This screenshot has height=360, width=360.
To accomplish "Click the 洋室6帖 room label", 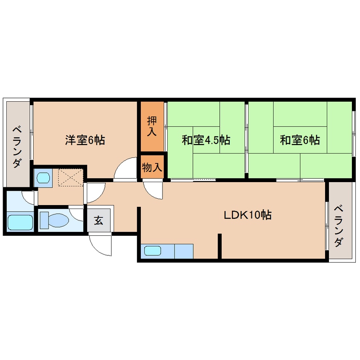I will [x=85, y=140].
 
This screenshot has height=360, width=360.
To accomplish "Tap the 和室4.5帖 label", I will [x=206, y=140].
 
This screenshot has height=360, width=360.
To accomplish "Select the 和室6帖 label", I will [x=300, y=140].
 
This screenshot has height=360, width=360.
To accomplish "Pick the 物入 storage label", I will [x=152, y=168].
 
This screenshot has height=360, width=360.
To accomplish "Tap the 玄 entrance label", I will [x=99, y=220].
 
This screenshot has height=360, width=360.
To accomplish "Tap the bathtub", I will [x=20, y=222].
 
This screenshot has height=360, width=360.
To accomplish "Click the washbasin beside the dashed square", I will [x=43, y=177].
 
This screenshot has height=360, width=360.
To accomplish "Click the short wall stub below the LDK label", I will [x=220, y=246].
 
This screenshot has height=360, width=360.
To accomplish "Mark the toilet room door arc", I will [x=77, y=213].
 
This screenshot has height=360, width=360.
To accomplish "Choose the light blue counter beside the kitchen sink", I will [x=184, y=251].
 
